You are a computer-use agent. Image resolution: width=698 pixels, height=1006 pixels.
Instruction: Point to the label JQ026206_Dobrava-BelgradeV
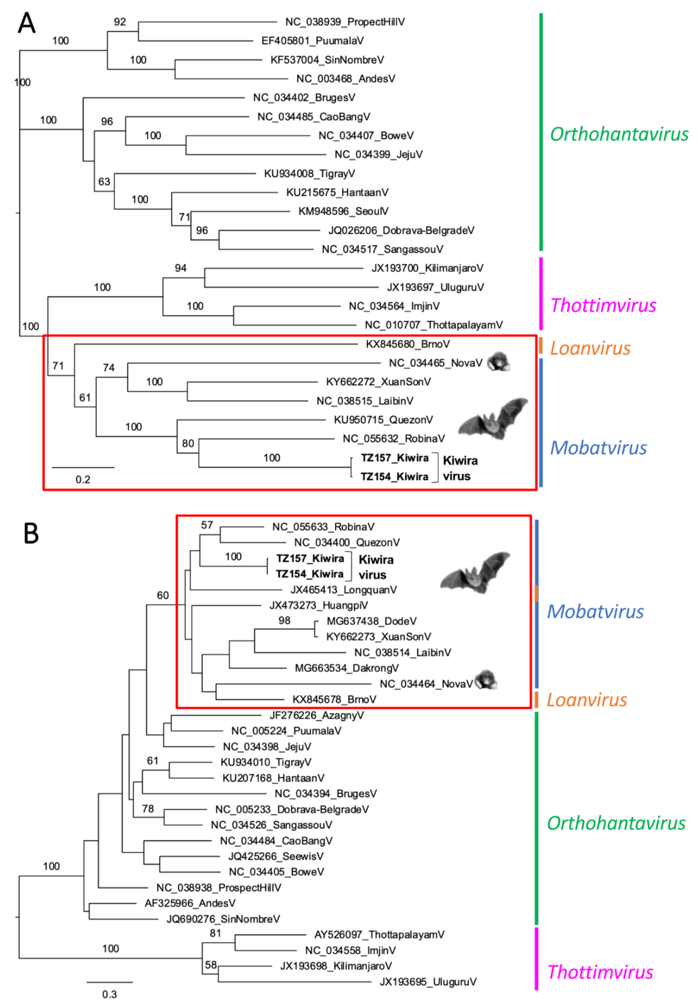click(401, 230)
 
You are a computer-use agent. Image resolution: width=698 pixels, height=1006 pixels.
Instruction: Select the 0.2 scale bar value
click(83, 480)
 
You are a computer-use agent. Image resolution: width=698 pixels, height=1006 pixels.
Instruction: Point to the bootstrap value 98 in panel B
click(284, 620)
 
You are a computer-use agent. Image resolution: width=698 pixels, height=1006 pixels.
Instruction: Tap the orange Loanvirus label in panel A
click(590, 348)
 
